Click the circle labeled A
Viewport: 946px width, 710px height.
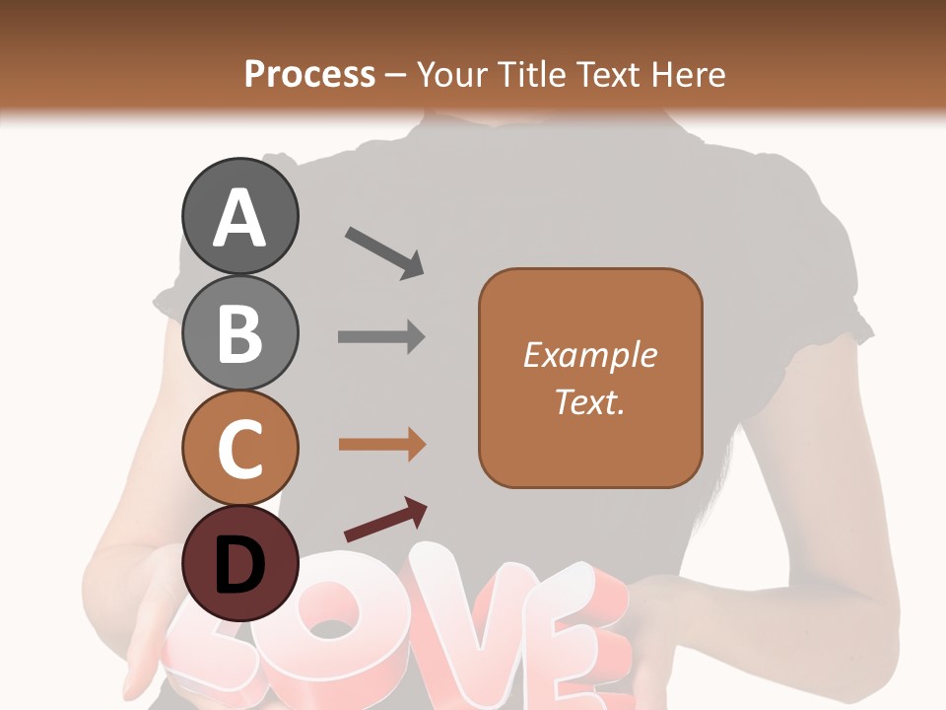pyautogui.click(x=239, y=217)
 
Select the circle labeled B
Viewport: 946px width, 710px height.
pyautogui.click(x=239, y=332)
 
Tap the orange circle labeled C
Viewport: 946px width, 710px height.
pyautogui.click(x=239, y=448)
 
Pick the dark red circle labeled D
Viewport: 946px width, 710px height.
pyautogui.click(x=239, y=563)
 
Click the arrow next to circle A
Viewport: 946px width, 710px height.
pyautogui.click(x=383, y=251)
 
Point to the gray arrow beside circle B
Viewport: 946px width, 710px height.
pyautogui.click(x=381, y=336)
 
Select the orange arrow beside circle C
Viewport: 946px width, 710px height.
pyautogui.click(x=381, y=445)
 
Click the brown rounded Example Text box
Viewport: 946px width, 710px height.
pyautogui.click(x=590, y=378)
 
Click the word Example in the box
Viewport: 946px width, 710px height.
pyautogui.click(x=590, y=355)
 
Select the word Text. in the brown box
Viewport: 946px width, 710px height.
pyautogui.click(x=590, y=401)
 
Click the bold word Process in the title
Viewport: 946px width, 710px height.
pyautogui.click(x=309, y=74)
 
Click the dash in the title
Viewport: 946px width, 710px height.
pyautogui.click(x=396, y=75)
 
